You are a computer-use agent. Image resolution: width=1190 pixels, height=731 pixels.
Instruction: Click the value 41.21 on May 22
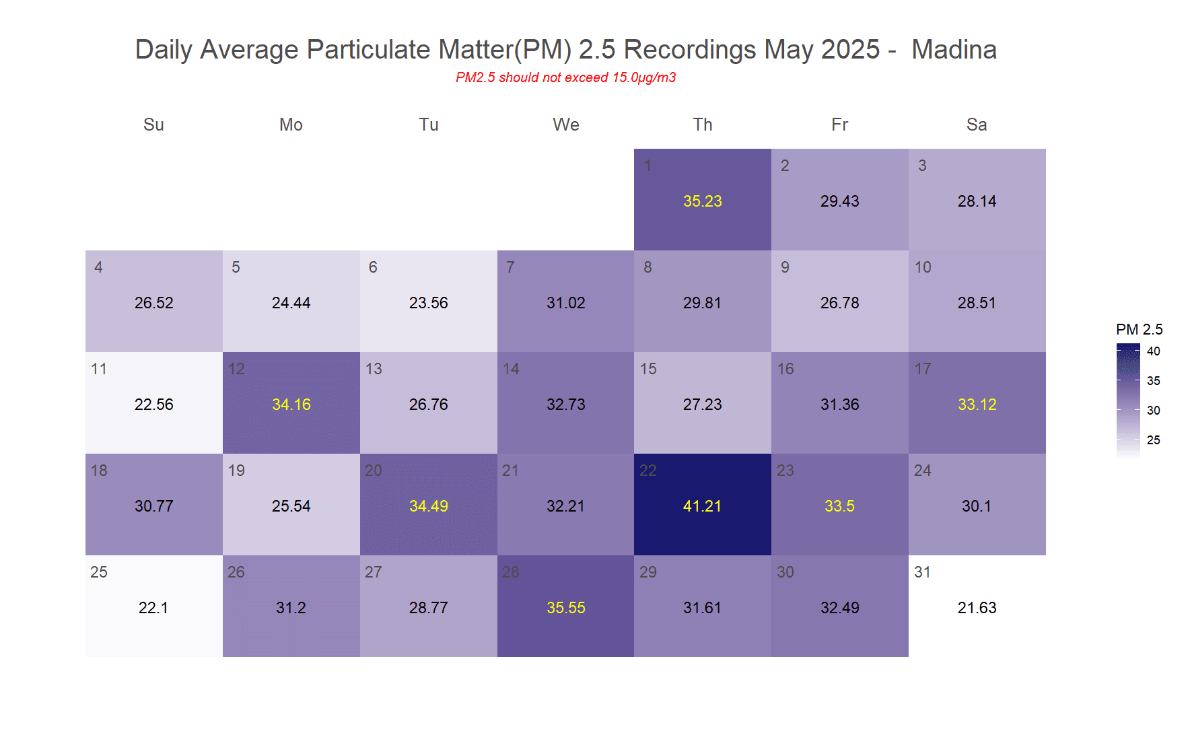[x=702, y=506]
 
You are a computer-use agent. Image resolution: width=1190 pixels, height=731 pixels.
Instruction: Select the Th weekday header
[x=702, y=125]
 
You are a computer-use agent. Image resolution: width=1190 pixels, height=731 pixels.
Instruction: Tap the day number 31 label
[x=922, y=572]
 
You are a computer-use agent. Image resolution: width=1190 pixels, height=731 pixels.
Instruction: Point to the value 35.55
[x=565, y=608]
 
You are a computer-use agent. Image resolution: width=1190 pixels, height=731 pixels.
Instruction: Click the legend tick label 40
[x=1154, y=351]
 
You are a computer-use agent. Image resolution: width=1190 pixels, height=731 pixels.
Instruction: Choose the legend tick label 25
[x=1154, y=440]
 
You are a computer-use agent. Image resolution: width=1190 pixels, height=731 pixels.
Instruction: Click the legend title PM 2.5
[x=1139, y=329]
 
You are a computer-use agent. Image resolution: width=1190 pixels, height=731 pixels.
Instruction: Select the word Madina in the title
[x=954, y=50]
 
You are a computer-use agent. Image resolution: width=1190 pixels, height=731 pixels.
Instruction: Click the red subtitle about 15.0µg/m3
[x=565, y=77]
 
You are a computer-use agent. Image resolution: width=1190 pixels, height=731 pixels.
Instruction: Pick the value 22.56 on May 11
[x=153, y=405]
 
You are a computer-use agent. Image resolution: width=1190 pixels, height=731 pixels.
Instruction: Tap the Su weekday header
[x=153, y=125]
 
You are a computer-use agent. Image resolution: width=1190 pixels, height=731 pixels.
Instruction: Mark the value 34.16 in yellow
[x=291, y=405]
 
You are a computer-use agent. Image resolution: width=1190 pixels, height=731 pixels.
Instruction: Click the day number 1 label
[x=647, y=166]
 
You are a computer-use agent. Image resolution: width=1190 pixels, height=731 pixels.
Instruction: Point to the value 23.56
[x=428, y=303]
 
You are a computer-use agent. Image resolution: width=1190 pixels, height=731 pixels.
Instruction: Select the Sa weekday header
[x=977, y=125]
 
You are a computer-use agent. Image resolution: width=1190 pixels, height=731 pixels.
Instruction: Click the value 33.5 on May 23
[x=839, y=506]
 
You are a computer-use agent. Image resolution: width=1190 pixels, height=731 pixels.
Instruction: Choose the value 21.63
[x=977, y=608]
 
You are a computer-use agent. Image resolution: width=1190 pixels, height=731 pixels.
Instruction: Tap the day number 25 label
[x=99, y=572]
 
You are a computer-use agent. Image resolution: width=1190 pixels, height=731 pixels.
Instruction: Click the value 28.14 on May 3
[x=977, y=201]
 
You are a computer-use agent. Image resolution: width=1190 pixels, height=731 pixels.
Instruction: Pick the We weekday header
[x=565, y=125]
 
